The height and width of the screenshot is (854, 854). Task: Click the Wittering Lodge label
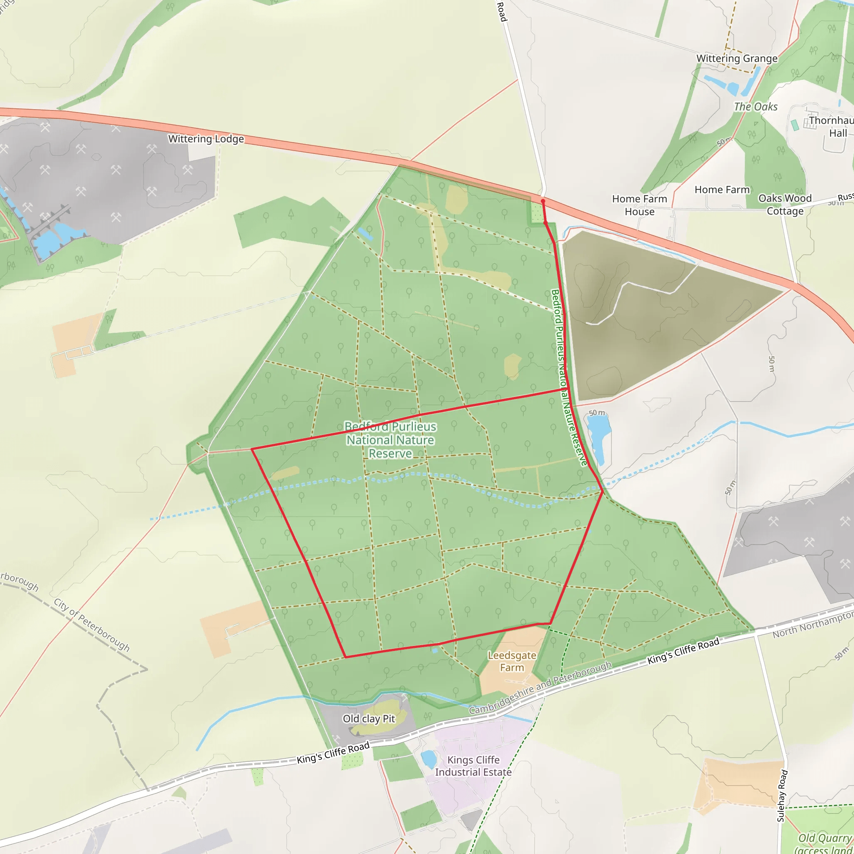click(x=206, y=139)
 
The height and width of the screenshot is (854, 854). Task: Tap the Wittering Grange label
click(x=737, y=58)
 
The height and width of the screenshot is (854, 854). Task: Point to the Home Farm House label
click(x=639, y=205)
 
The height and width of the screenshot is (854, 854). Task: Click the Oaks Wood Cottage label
click(x=785, y=204)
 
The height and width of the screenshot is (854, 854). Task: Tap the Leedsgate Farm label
click(x=512, y=661)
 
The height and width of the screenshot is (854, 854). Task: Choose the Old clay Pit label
click(x=369, y=719)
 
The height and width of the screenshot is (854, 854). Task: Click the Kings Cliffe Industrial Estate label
click(x=473, y=766)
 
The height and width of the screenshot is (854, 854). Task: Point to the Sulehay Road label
click(x=782, y=796)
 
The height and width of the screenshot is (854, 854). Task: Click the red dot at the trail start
click(x=543, y=201)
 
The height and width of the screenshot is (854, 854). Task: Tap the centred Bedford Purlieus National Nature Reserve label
click(x=390, y=440)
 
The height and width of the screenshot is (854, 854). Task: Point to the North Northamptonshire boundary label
click(x=812, y=624)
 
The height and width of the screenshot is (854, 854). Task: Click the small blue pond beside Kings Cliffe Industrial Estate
click(x=428, y=759)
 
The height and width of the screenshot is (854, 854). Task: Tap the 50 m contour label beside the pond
click(x=596, y=413)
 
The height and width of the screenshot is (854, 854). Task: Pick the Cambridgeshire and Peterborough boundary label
click(x=540, y=688)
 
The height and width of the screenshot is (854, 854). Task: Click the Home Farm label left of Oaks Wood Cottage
click(x=722, y=190)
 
